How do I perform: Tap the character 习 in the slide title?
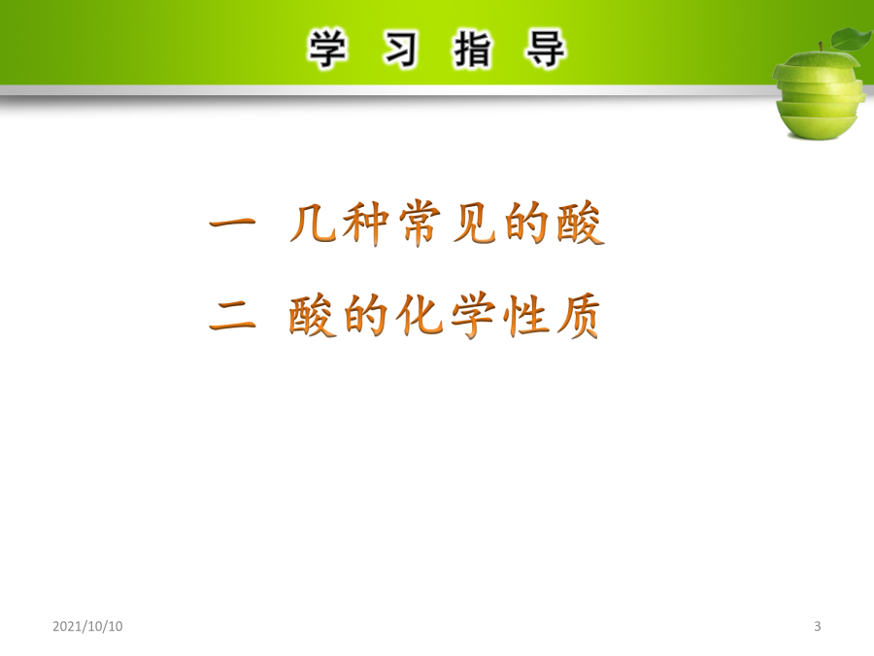click(x=400, y=50)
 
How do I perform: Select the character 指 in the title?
click(x=473, y=50)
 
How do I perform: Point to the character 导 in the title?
click(x=545, y=50)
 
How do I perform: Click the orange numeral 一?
click(x=232, y=224)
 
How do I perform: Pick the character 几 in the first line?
click(x=313, y=224)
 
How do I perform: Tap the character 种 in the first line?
click(x=365, y=224)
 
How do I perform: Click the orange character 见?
click(x=474, y=224)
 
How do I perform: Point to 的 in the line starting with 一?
click(x=526, y=224)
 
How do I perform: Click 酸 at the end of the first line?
click(x=581, y=224)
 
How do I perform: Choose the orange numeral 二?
click(x=232, y=316)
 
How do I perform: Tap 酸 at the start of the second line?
click(x=312, y=316)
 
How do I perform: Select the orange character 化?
click(x=419, y=316)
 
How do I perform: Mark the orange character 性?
click(x=525, y=316)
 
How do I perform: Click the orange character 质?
click(x=579, y=316)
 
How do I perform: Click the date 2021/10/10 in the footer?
click(x=87, y=626)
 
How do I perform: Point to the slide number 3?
click(x=817, y=626)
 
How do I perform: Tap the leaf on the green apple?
click(x=851, y=39)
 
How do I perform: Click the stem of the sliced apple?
click(x=821, y=47)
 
